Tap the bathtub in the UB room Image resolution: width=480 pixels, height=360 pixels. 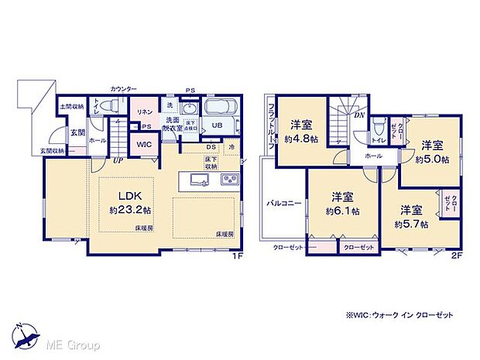click(x=223, y=109)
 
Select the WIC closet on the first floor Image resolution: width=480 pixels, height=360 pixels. click(x=143, y=144)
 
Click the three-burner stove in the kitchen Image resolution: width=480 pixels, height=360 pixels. click(x=231, y=180)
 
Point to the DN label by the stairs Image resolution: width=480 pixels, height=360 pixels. click(x=359, y=115)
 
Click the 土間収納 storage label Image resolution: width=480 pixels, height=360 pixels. click(x=71, y=106)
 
